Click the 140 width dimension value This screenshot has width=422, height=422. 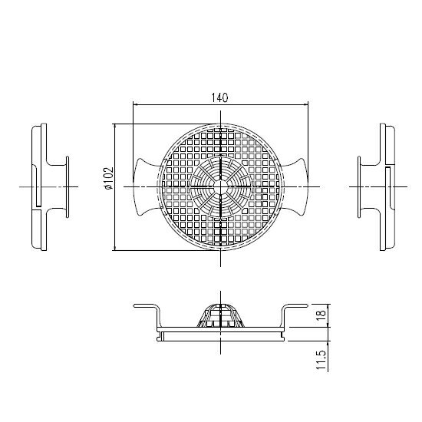pyautogui.click(x=220, y=97)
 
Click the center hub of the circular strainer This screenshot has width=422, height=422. pyautogui.click(x=221, y=186)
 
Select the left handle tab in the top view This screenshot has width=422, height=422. pyautogui.click(x=146, y=186)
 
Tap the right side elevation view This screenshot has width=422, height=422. pyautogui.click(x=384, y=186)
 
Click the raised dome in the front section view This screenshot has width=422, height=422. pyautogui.click(x=221, y=315)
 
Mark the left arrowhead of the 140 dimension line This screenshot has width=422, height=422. pyautogui.click(x=136, y=104)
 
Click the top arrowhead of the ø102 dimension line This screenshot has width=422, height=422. pyautogui.click(x=114, y=124)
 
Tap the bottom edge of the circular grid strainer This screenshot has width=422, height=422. pyautogui.click(x=221, y=249)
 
